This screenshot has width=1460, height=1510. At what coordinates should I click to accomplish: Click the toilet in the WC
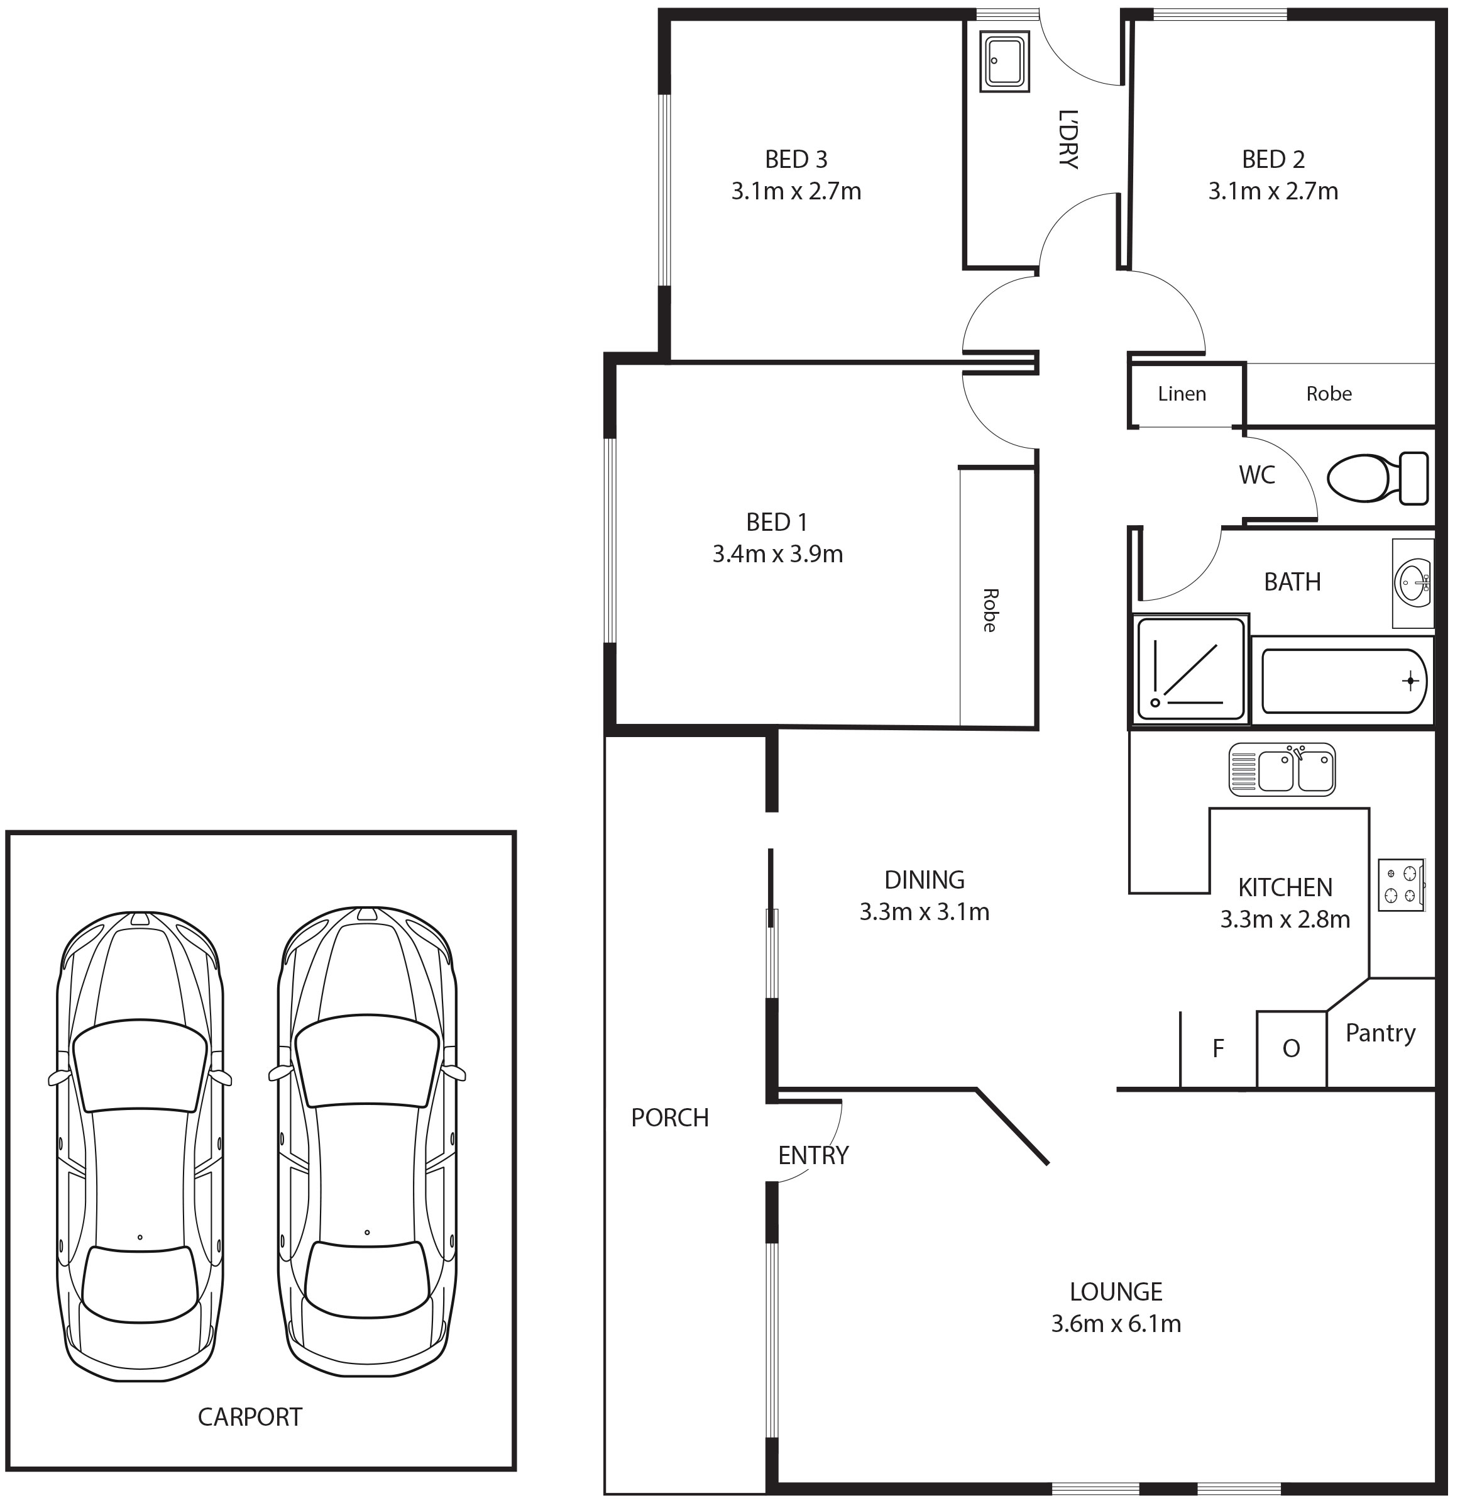(x=1378, y=479)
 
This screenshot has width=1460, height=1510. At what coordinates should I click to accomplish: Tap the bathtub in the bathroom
(x=1344, y=681)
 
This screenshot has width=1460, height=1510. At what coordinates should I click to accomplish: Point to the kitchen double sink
(x=1282, y=769)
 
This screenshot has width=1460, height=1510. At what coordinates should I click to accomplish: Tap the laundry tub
(x=1005, y=61)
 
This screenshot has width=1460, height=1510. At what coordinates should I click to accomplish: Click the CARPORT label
(x=250, y=1417)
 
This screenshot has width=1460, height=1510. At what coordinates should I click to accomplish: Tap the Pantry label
(x=1381, y=1033)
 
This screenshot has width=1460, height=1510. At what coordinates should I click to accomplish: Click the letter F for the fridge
(x=1218, y=1048)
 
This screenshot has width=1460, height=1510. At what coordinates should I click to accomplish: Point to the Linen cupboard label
(x=1182, y=394)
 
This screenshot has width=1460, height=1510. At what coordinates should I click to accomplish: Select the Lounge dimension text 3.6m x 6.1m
(x=1116, y=1324)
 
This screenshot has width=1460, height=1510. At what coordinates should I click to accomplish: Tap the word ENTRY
(x=813, y=1155)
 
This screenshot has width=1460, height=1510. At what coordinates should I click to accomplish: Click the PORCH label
(x=670, y=1117)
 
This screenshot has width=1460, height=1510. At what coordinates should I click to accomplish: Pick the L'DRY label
(x=1068, y=140)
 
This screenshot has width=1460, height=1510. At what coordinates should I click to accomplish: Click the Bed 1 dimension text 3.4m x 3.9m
(x=777, y=554)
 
